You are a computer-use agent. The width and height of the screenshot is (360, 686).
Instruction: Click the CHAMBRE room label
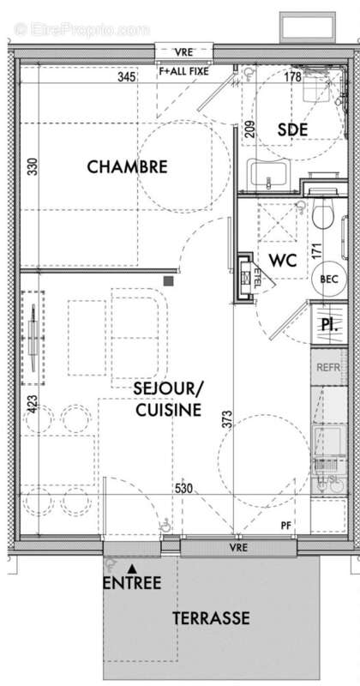pos(127,166)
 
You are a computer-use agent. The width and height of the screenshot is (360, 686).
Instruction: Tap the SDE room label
pos(293,129)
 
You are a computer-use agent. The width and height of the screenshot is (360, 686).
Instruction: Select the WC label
pos(282,260)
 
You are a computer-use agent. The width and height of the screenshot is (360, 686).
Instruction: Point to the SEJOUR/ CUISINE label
pos(167,400)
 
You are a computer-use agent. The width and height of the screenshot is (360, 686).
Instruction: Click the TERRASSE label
pos(211,617)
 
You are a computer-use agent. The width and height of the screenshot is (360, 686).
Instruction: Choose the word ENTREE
pos(132,584)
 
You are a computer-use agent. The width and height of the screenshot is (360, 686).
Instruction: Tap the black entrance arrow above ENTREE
pos(131,568)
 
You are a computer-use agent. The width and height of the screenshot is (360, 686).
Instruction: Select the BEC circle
pos(328,279)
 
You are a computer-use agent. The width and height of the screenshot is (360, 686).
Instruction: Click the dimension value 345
pos(127,78)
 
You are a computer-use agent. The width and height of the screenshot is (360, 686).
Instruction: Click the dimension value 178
pos(291,78)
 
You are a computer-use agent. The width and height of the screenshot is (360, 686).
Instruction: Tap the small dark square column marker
pos(170,280)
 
